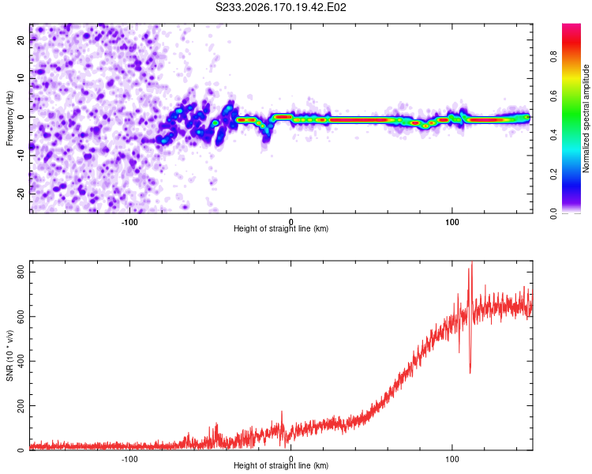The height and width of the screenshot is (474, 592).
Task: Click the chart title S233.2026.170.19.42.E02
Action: [280, 7]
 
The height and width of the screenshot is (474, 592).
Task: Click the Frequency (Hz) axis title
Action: [9, 118]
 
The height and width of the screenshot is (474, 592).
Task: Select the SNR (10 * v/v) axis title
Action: [9, 355]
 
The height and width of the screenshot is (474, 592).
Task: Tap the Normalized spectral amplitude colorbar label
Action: [586, 118]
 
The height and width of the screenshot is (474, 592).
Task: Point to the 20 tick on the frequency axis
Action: [21, 40]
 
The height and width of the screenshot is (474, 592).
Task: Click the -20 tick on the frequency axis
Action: [21, 194]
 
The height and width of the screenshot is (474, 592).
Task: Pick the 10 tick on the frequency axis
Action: [21, 78]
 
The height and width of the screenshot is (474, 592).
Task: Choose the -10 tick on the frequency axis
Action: [21, 156]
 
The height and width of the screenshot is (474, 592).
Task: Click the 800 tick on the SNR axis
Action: [21, 272]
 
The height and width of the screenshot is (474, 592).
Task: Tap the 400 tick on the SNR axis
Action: [21, 361]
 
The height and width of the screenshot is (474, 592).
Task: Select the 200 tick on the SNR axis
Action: [21, 405]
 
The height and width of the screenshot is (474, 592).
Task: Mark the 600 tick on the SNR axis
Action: [21, 317]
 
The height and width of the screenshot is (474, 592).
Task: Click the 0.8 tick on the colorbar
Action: [553, 56]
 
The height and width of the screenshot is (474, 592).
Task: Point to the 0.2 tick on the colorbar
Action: [553, 175]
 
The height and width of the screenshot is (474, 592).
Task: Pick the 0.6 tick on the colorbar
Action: [553, 96]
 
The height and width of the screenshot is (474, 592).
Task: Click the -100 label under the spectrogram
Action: [129, 222]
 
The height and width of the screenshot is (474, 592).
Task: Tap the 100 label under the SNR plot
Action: [452, 459]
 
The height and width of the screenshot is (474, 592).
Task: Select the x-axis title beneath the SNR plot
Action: [281, 465]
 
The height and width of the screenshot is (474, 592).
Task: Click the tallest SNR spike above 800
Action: [472, 262]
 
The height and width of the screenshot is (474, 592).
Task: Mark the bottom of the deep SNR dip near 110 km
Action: [470, 373]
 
